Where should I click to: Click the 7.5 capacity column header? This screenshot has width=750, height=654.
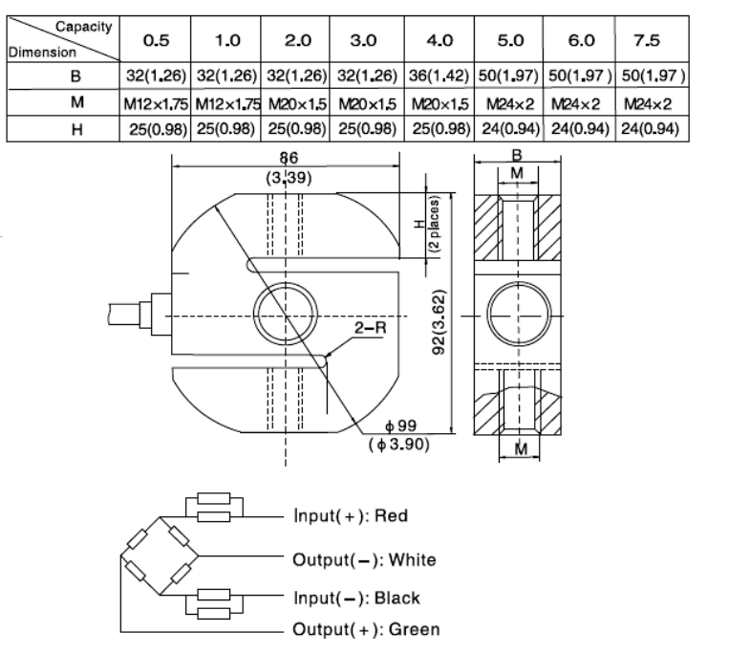tap(654, 40)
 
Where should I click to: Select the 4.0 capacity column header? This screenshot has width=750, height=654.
tap(439, 40)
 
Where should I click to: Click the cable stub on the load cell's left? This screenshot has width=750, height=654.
tap(130, 315)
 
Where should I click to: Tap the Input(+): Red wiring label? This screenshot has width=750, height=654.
tap(350, 516)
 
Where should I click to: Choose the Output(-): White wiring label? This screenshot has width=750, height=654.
tap(363, 559)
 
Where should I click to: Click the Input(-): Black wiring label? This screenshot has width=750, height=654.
tap(355, 599)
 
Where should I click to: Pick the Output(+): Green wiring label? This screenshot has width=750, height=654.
tap(366, 629)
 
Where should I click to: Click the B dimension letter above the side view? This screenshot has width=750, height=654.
tap(519, 154)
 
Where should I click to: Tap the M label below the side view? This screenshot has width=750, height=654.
tap(519, 448)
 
